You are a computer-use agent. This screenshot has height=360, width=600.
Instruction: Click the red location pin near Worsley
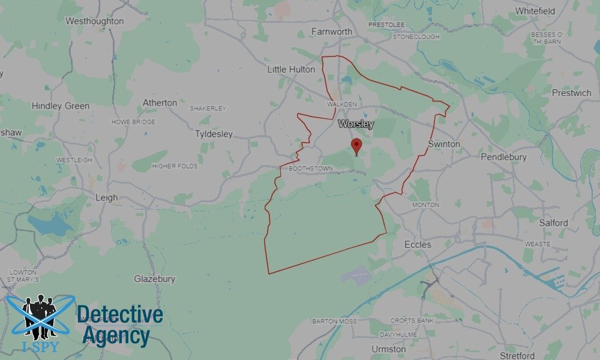click(x=356, y=145)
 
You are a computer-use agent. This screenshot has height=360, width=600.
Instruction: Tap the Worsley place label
click(x=356, y=124)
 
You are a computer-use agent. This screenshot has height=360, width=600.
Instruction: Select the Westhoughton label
click(x=95, y=21)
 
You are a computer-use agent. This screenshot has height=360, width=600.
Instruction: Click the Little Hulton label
click(x=291, y=70)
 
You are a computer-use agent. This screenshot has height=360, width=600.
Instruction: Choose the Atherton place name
click(x=160, y=103)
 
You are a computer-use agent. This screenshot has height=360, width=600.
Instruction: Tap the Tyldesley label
click(x=214, y=134)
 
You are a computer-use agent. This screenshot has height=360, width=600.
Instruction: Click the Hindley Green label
click(x=61, y=106)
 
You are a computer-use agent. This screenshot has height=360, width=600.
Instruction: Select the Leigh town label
click(x=107, y=197)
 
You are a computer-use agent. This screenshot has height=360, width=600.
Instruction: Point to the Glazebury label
click(x=155, y=279)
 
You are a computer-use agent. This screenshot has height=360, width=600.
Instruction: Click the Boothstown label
click(x=310, y=169)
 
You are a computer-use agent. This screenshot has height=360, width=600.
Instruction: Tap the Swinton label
click(x=444, y=144)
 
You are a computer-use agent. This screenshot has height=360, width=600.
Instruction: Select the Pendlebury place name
click(x=503, y=157)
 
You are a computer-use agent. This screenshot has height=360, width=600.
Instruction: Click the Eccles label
click(x=418, y=244)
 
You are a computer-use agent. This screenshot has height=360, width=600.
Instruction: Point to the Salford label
click(x=553, y=223)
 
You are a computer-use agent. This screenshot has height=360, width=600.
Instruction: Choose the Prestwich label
click(x=571, y=93)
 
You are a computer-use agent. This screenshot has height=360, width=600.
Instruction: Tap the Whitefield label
click(x=535, y=11)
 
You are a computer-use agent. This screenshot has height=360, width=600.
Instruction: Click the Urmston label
click(x=388, y=349)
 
